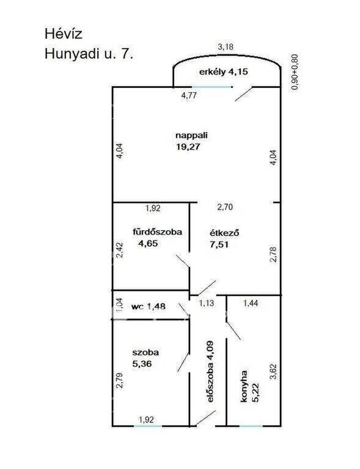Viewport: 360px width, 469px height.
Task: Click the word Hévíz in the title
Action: coord(63,34)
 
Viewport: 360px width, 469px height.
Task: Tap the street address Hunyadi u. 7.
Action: coord(89,54)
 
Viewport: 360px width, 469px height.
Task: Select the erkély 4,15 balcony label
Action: coord(224,72)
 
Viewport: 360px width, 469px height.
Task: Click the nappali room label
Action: coord(191,136)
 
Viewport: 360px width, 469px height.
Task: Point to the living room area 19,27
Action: coord(188,147)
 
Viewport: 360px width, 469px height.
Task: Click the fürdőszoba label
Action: coord(158,232)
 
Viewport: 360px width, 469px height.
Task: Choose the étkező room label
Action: coord(224,233)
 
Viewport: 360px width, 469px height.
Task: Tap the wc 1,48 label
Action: coord(149,307)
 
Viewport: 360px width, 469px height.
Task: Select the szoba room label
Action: coord(145,352)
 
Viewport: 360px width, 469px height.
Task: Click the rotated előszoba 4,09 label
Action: coord(210,371)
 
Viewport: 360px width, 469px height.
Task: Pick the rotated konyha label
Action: coord(244,386)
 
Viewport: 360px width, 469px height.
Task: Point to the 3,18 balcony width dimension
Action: coord(226,47)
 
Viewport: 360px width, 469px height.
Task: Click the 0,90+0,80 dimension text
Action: coord(295,72)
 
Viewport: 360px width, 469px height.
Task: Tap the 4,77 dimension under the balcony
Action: coord(189,96)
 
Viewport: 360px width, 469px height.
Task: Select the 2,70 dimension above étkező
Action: coord(225,207)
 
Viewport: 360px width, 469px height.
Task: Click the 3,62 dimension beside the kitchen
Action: coord(273,372)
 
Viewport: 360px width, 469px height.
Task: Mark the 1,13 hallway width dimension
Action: coord(207,304)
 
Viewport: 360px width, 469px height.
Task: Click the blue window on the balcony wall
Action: coord(212,87)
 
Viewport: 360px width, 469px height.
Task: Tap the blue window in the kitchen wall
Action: coord(251,425)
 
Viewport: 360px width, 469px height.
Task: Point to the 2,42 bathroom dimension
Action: coord(119,250)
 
